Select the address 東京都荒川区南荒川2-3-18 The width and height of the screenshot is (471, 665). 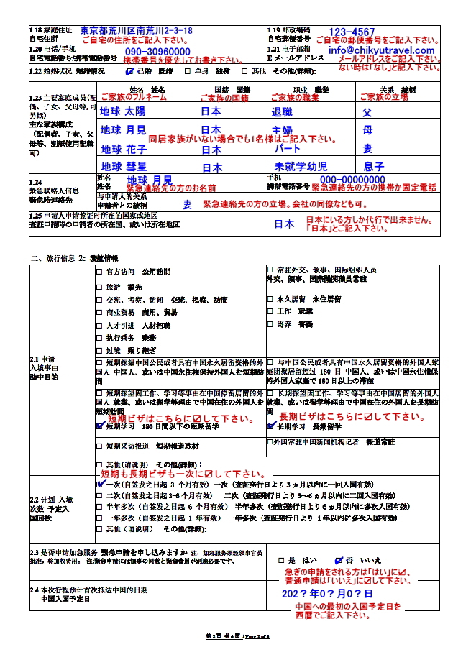(137, 31)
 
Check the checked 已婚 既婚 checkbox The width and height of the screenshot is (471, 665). (129, 72)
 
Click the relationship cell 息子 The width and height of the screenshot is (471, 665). (374, 167)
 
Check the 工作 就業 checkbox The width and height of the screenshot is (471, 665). (270, 311)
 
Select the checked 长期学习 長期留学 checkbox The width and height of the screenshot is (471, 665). (270, 426)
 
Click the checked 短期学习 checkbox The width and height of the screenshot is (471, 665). (100, 426)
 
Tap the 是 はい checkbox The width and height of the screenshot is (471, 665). (281, 560)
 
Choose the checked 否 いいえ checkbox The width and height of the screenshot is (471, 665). (339, 560)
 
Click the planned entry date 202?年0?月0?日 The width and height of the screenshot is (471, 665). (327, 595)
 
